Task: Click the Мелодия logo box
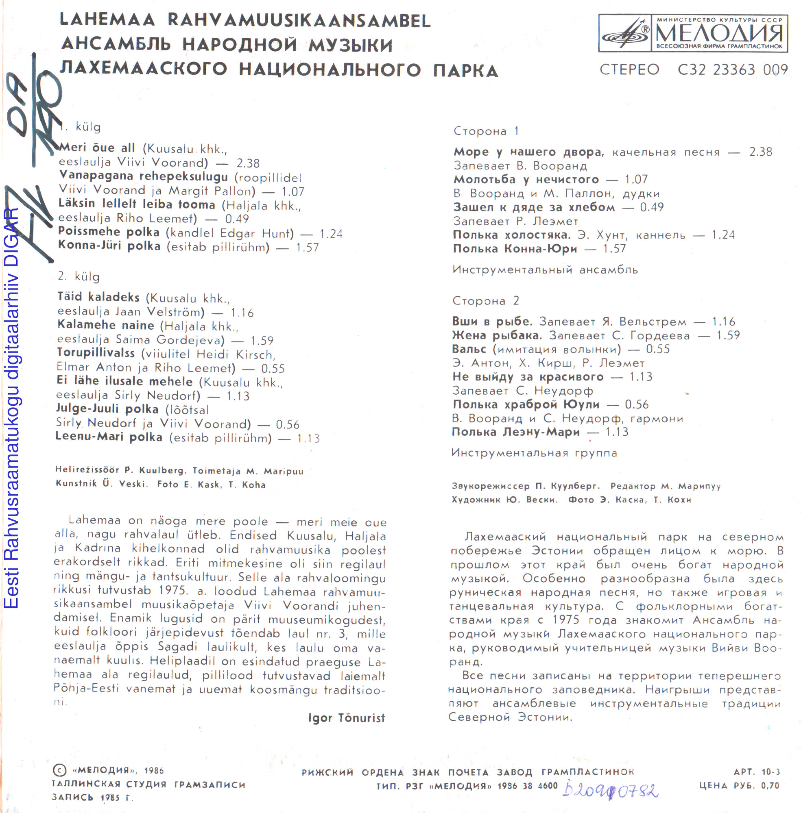click(x=692, y=33)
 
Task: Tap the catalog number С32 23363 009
click(x=732, y=70)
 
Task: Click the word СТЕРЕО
click(x=629, y=70)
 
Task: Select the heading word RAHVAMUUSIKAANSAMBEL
click(x=299, y=21)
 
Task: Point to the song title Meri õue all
click(x=97, y=148)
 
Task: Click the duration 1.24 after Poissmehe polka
click(x=331, y=234)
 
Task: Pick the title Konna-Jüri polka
click(x=109, y=246)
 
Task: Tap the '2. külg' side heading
click(x=79, y=276)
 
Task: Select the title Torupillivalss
click(x=96, y=353)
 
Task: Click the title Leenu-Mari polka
click(x=109, y=437)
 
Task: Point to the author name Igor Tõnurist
click(x=346, y=718)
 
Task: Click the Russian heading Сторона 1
click(x=486, y=131)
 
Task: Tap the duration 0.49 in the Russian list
click(x=652, y=207)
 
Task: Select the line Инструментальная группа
click(x=534, y=453)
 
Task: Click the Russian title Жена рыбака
click(x=496, y=335)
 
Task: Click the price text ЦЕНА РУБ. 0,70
click(x=739, y=786)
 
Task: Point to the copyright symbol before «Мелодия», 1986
click(x=59, y=770)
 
